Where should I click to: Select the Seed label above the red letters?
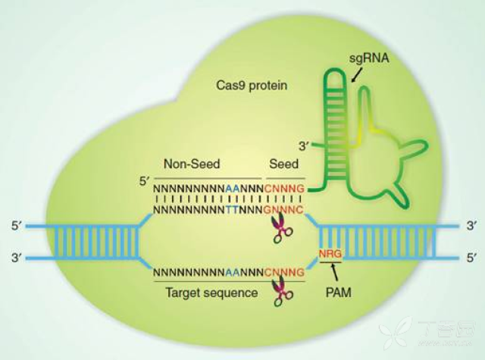coord(285,163)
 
